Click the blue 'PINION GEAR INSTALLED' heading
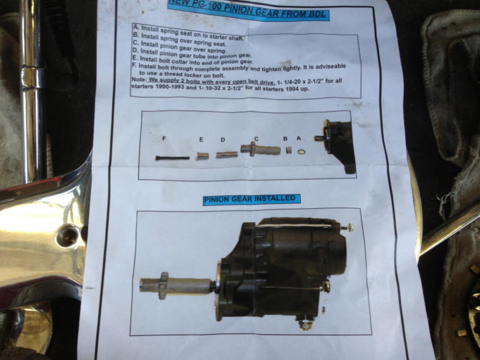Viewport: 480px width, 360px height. point(251,199)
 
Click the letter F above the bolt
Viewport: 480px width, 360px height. point(164,139)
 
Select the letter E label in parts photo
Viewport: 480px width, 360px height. point(201,139)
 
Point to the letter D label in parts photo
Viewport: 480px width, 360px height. point(223,140)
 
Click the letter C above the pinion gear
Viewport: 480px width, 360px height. point(256,139)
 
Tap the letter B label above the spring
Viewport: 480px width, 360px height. point(286,139)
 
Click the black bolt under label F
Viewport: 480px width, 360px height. point(172,158)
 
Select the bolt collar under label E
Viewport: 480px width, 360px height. point(201,156)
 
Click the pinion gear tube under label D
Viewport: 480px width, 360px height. point(227,154)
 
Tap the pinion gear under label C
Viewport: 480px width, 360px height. point(260,149)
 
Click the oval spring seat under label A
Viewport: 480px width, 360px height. point(301,151)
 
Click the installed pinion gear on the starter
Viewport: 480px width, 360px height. point(176,286)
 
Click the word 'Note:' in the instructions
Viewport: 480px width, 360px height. point(139,80)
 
